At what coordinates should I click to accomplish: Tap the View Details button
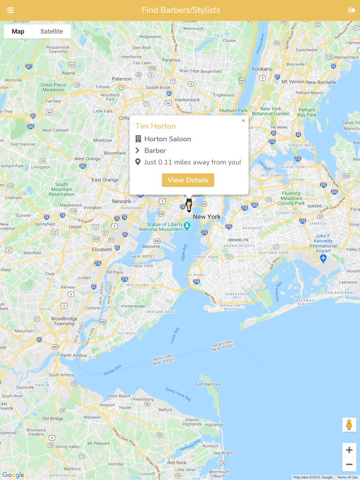[188, 180]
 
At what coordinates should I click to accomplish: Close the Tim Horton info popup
[243, 121]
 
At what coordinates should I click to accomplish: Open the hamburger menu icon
[10, 10]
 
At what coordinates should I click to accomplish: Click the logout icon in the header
[352, 10]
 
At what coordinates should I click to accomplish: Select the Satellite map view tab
[51, 31]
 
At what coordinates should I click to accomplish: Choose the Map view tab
[18, 31]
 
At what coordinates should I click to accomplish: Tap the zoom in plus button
[349, 450]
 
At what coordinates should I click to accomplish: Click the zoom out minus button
[349, 464]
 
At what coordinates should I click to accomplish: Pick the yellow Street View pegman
[349, 425]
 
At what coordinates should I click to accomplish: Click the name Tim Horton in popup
[155, 126]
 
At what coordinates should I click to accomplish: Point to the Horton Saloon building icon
[138, 139]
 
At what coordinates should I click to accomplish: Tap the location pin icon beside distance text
[138, 162]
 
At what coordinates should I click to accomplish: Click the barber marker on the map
[189, 205]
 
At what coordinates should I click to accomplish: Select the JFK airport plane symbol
[323, 258]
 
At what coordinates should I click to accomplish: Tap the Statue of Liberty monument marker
[187, 226]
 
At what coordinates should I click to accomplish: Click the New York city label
[207, 217]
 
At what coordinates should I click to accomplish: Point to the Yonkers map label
[262, 69]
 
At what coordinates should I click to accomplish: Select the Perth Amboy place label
[74, 356]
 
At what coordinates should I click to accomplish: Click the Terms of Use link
[347, 477]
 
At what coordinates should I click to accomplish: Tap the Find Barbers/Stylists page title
[181, 10]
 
